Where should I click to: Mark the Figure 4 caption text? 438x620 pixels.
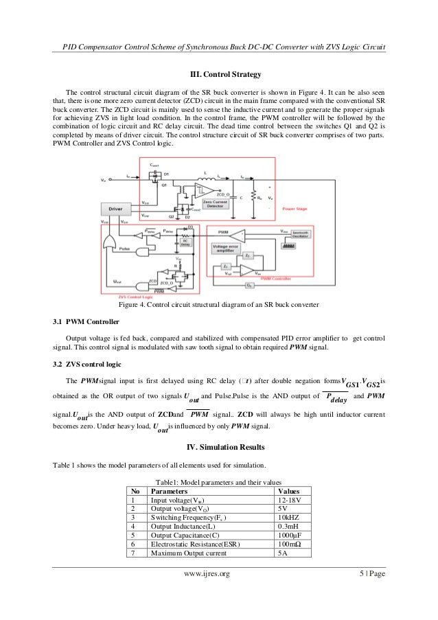[x=220, y=304]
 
